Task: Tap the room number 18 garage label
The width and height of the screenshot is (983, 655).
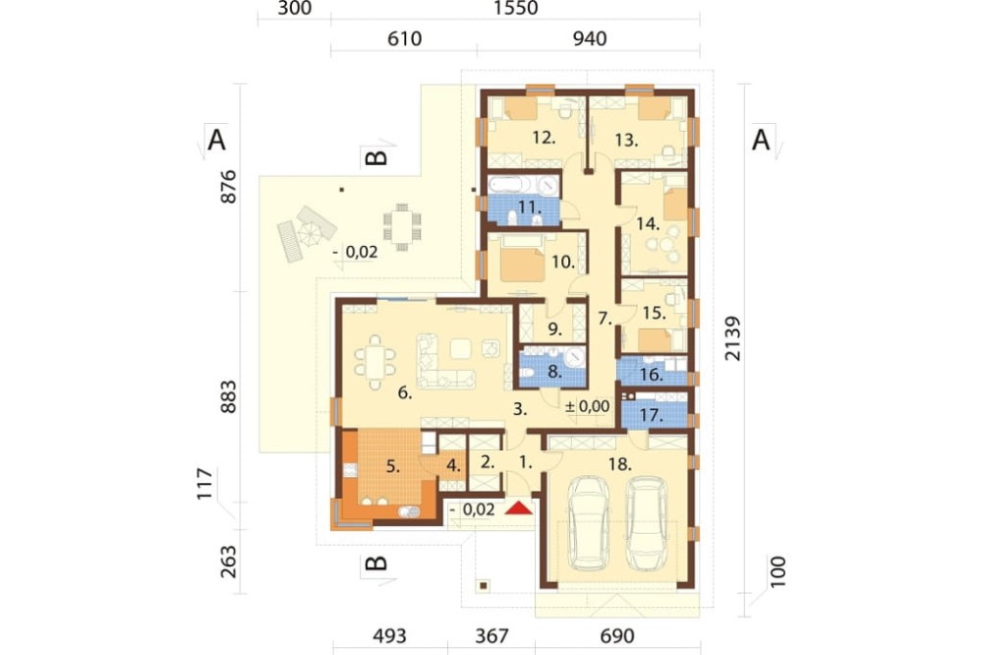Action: coord(619,463)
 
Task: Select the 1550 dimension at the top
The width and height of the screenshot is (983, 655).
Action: coord(515,8)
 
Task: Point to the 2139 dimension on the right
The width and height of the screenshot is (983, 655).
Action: coord(732,338)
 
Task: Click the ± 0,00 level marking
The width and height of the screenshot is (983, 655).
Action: coord(588,406)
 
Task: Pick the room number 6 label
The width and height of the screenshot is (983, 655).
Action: coord(405,393)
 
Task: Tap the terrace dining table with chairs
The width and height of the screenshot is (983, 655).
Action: coord(402,227)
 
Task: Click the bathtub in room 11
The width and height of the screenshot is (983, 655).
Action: coord(509,185)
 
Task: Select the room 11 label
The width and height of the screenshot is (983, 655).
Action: coord(529,207)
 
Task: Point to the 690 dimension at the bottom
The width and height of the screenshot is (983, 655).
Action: coord(617,636)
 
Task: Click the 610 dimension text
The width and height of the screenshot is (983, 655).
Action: coord(404,39)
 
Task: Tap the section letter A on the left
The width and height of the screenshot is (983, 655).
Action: coord(216,140)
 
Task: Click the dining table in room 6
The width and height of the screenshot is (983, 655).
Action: coord(375,363)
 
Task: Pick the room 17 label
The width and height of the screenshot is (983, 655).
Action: coord(652,415)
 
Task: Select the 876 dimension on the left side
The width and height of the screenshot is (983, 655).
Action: coord(229,186)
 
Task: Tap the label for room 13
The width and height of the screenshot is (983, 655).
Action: coord(625,140)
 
